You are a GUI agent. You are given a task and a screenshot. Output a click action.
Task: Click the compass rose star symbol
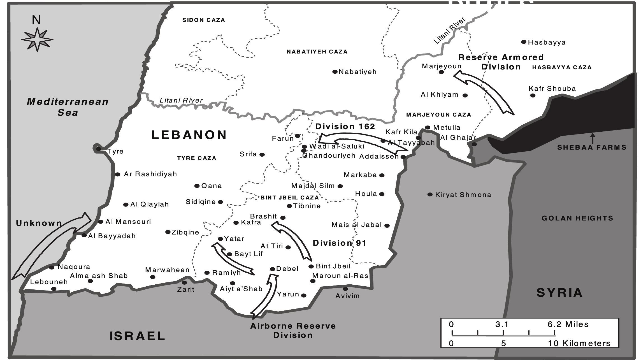37,39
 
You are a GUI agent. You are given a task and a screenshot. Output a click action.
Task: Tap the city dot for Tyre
98,149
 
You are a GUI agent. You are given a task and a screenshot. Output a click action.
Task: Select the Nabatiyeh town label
357,72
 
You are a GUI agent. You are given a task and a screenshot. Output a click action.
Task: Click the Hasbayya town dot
524,42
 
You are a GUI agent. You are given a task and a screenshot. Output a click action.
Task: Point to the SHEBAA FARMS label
592,147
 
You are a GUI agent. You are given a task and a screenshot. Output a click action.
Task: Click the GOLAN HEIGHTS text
577,218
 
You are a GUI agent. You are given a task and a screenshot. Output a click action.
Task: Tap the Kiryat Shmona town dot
430,194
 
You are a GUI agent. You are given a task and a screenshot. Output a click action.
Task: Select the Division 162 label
345,127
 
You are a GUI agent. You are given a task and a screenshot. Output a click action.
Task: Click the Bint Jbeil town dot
311,266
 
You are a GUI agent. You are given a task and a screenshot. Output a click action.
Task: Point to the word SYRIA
559,293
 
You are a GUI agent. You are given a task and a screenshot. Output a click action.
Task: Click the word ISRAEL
137,336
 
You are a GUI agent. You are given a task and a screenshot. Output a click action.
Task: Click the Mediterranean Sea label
68,107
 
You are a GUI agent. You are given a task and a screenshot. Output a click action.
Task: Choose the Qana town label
212,186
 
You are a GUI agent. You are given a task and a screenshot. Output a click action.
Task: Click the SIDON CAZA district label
204,20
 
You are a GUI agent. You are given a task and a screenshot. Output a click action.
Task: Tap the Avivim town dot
345,289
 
